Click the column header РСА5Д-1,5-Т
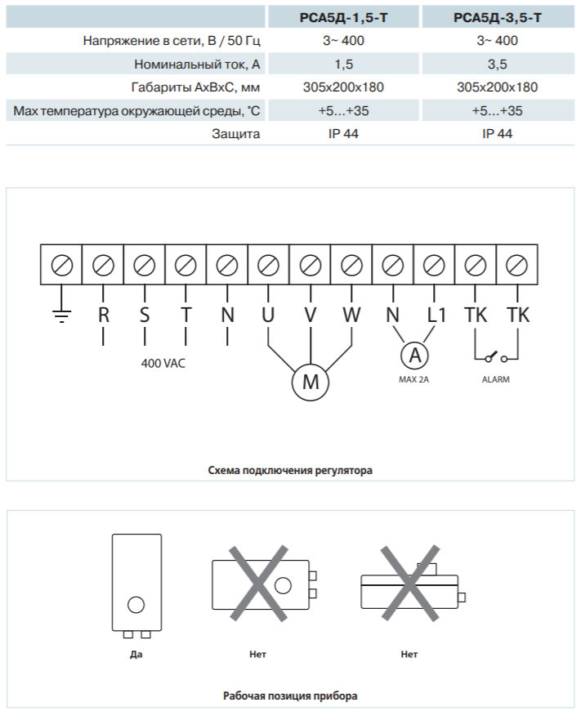pos(343,17)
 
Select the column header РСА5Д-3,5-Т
pos(498,17)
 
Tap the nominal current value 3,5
pos(497,64)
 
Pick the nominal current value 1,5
pos(344,64)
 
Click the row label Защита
pos(236,134)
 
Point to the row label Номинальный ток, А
pos(197,65)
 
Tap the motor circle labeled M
pos(311,382)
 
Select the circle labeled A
pos(414,356)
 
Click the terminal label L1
pos(436,315)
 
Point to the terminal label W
pos(352,315)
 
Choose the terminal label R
pos(104,315)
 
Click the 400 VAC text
pos(163,364)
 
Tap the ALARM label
pos(496,379)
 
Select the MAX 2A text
pos(414,379)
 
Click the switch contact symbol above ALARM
pos(496,357)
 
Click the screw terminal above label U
pos(268,265)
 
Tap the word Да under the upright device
pos(136,655)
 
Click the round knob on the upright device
pos(136,605)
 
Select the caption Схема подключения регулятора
pos(290,470)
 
